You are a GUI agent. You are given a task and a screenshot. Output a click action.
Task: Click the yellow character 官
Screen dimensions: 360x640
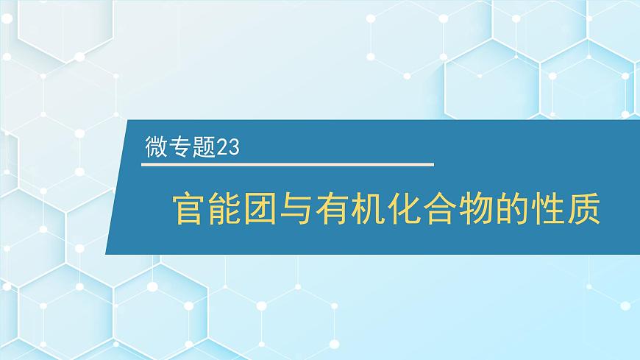(188, 208)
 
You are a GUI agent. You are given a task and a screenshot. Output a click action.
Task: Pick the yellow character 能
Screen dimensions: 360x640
(224, 208)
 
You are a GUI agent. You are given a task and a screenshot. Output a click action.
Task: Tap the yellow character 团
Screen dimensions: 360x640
(260, 208)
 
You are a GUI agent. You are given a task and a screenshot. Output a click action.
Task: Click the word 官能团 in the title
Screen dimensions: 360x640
(224, 208)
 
